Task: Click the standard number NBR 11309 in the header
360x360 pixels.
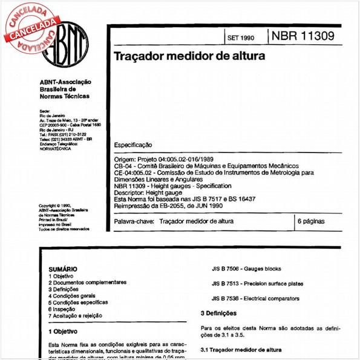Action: pos(303,36)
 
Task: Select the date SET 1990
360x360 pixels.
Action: pos(241,38)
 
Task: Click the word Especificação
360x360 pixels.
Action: pos(133,145)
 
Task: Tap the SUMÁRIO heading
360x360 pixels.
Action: pos(62,269)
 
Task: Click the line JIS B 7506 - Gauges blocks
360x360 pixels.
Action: pos(247,269)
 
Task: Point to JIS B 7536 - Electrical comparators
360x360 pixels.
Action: pos(255,298)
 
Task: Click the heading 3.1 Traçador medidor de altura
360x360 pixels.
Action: pos(240,350)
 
